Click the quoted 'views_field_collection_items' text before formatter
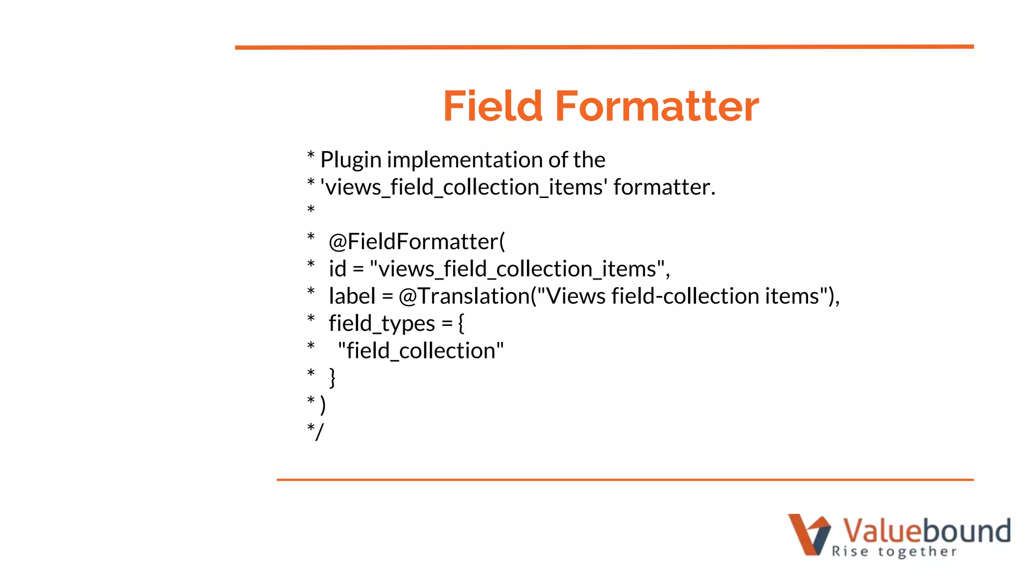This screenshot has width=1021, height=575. click(464, 188)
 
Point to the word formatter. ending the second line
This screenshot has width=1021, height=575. click(664, 188)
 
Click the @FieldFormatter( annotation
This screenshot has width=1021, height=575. click(417, 242)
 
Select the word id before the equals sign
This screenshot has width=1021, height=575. click(338, 269)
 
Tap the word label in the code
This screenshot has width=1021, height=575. click(352, 296)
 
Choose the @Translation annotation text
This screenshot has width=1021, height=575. click(464, 296)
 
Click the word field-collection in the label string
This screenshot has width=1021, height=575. click(685, 296)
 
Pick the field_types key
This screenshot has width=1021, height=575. click(382, 324)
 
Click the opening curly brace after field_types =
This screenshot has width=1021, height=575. click(461, 324)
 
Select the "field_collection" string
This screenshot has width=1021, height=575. click(421, 351)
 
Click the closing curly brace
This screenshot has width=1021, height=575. click(333, 378)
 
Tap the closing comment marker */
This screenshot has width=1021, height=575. click(315, 432)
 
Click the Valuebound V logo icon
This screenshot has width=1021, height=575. click(809, 534)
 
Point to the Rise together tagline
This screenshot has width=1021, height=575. click(894, 552)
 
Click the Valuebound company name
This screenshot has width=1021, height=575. click(926, 530)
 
